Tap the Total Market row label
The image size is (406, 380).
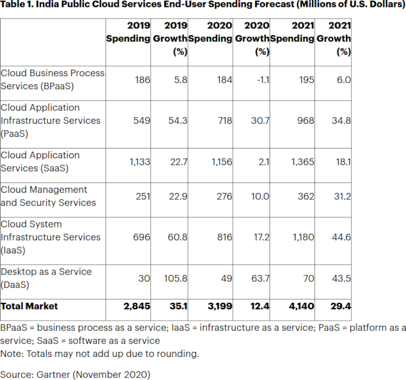(x=29, y=306)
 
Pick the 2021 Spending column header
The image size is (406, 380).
(x=292, y=32)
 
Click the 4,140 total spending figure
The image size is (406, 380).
(x=301, y=306)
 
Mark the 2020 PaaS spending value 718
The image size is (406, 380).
(x=223, y=120)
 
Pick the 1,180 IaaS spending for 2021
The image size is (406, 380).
(x=302, y=237)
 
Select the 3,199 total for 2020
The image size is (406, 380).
(x=219, y=306)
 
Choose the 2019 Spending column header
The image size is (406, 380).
(x=128, y=32)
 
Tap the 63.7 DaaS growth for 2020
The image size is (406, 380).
(x=259, y=278)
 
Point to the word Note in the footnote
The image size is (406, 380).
(x=11, y=354)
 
